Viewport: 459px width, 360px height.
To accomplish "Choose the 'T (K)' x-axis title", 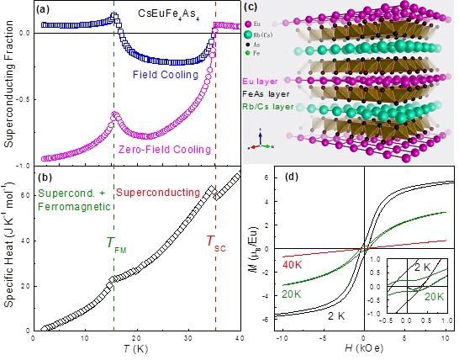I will tap(135, 352).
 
